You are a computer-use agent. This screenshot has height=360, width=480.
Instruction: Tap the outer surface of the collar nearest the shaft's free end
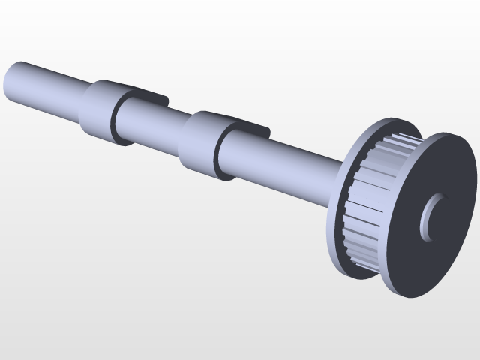click(x=96, y=109)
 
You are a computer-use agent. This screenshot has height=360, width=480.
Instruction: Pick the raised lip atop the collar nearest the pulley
click(x=244, y=124)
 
